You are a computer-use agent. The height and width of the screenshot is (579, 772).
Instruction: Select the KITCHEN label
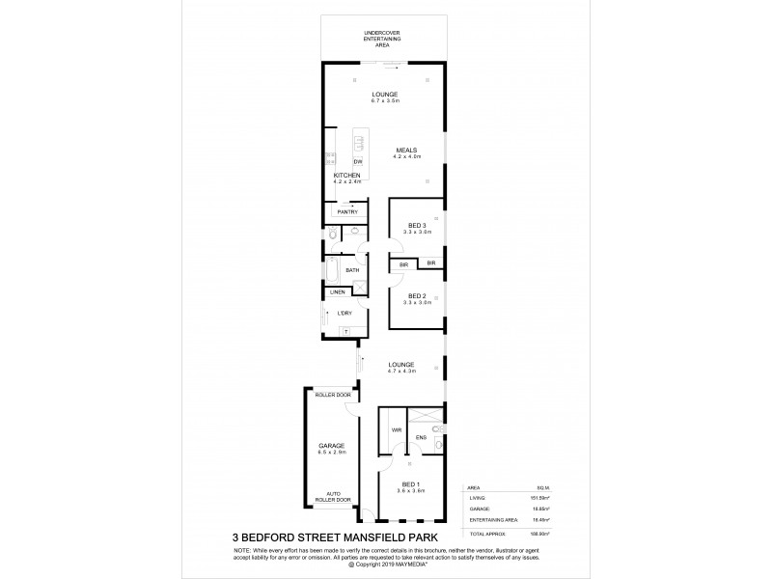point(346,175)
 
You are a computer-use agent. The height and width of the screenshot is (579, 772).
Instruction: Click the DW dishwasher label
point(357,161)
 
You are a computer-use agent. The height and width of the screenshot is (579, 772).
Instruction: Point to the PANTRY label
point(347,211)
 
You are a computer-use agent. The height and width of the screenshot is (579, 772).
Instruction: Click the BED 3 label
point(416,227)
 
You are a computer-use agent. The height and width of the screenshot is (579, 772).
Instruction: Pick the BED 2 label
point(416,295)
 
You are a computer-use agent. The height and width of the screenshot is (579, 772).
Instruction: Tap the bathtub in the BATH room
point(333,269)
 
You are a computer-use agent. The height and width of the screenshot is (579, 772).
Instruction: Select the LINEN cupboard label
point(337,291)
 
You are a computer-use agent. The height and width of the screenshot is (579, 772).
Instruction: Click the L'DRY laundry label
point(344,314)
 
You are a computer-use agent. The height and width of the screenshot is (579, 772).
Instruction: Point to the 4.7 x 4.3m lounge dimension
point(401,371)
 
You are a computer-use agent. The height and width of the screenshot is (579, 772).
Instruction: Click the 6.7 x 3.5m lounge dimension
point(385,100)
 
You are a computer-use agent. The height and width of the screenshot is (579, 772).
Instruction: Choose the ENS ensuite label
point(421,436)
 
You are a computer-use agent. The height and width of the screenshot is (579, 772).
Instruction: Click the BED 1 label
point(411,484)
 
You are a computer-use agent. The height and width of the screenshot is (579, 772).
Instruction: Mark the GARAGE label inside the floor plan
point(332,445)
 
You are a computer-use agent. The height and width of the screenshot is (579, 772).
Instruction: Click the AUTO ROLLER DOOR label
point(332,497)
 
